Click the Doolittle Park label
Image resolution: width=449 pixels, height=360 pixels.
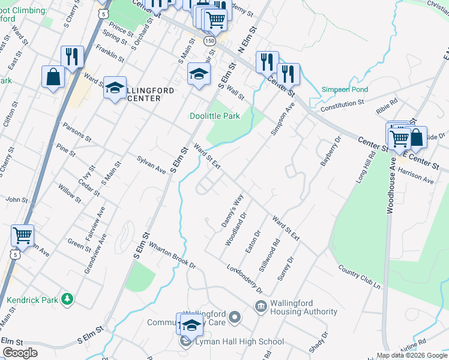[214, 116]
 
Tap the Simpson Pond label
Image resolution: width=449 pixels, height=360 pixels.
[344, 89]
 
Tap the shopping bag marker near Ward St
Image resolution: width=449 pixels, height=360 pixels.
[53, 77]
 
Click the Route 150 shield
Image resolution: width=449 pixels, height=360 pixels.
[209, 41]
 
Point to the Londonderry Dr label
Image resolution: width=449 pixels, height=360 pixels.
[243, 278]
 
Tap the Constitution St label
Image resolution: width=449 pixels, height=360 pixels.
[342, 103]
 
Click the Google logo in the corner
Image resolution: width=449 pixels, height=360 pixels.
[20, 352]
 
